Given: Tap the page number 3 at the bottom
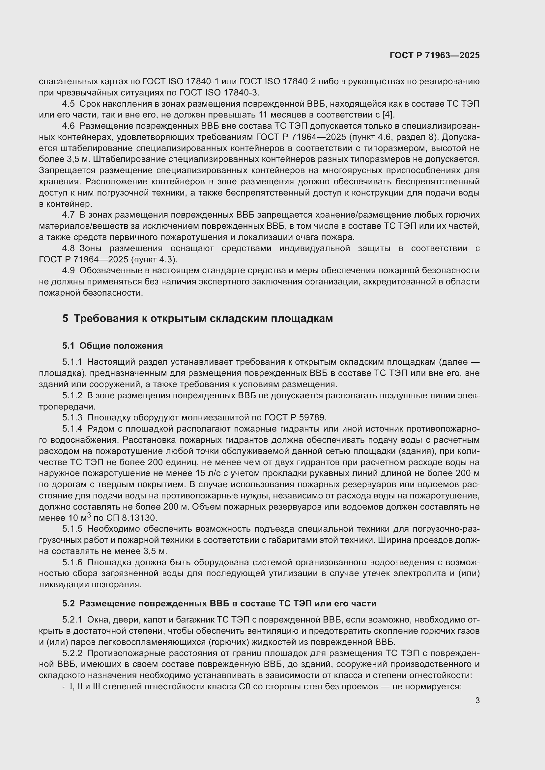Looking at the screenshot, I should click(x=477, y=700).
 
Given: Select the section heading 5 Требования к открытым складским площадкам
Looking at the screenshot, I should click(x=197, y=318).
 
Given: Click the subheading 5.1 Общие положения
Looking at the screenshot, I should click(x=112, y=346).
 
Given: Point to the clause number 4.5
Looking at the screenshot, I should click(x=69, y=104).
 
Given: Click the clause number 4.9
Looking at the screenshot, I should click(x=69, y=271).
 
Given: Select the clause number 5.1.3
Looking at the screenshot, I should click(x=72, y=417).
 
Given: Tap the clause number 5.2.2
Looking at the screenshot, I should click(x=72, y=653).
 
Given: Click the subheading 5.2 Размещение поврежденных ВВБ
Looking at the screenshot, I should click(x=219, y=604).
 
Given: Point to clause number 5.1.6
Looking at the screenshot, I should click(x=72, y=562).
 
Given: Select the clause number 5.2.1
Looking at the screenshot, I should click(x=72, y=620).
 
